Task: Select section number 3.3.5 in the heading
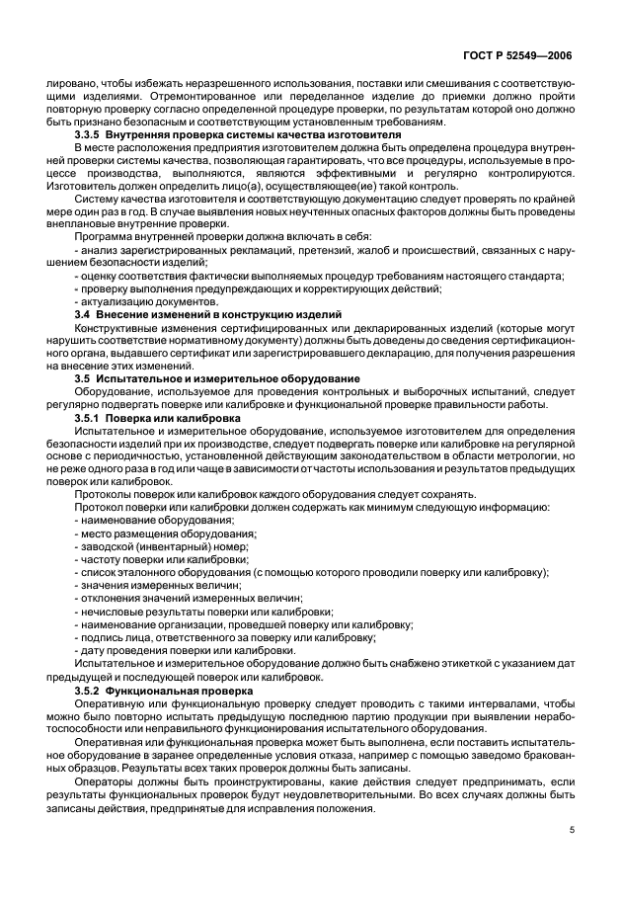click(x=92, y=132)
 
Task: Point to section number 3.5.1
click(x=92, y=417)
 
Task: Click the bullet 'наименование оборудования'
click(x=146, y=520)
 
